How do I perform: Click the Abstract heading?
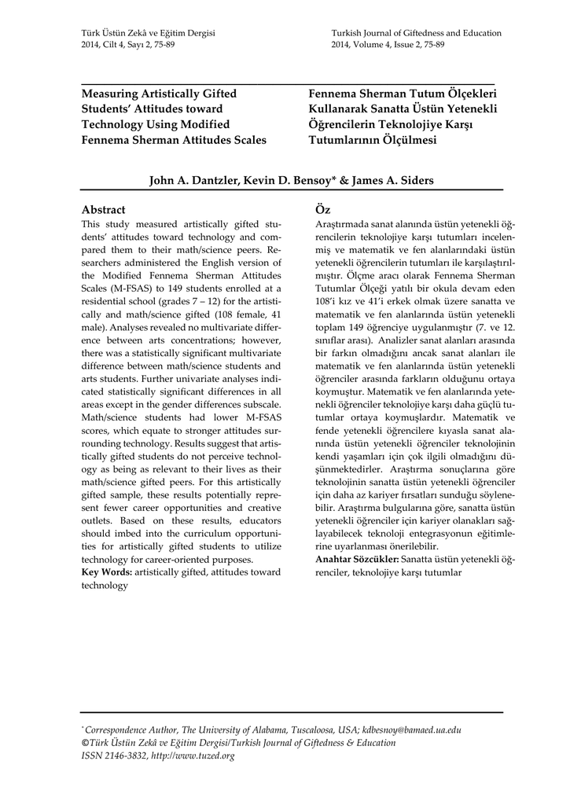(104, 210)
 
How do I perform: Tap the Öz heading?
(322, 210)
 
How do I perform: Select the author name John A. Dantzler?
(193, 181)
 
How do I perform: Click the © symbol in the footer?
(86, 743)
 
